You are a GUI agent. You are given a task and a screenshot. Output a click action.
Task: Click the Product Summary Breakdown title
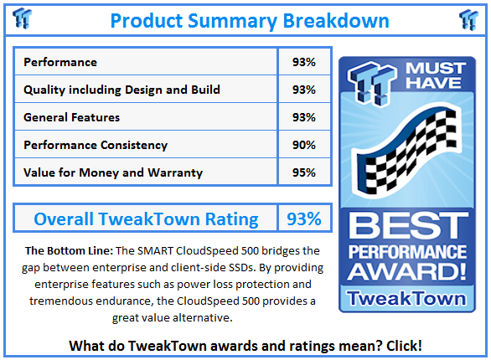tap(249, 19)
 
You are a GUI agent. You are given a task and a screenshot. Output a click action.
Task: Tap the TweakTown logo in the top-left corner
tap(23, 18)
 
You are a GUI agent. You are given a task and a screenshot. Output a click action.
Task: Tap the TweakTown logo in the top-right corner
tap(468, 18)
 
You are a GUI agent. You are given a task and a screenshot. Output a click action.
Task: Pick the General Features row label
tap(72, 117)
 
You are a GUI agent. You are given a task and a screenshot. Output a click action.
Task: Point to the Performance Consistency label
tap(96, 145)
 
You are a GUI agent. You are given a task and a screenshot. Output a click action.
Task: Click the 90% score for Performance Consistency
tap(304, 145)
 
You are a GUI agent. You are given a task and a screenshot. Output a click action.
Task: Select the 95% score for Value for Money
tap(304, 172)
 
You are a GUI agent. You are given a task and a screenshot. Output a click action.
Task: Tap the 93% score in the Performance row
tap(304, 62)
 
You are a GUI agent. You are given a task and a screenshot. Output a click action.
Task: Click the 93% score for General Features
tap(304, 117)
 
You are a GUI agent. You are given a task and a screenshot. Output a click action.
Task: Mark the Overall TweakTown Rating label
tap(146, 219)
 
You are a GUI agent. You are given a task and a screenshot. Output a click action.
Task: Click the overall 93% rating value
tap(304, 219)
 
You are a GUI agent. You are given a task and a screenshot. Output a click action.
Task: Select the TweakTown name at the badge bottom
tap(408, 297)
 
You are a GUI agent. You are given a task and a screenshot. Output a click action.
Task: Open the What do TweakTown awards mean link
tap(245, 345)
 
